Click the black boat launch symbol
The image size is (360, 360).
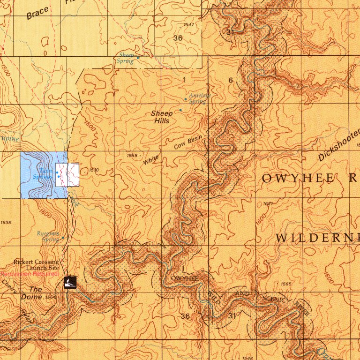pyautogui.click(x=69, y=282)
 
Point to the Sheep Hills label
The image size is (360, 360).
pyautogui.click(x=162, y=117)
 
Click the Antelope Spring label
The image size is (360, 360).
pyautogui.click(x=200, y=98)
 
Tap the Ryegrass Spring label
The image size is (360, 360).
pyautogui.click(x=49, y=236)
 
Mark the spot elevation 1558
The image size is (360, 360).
pyautogui.click(x=132, y=155)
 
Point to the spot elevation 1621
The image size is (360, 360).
pyautogui.click(x=268, y=204)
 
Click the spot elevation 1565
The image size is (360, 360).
pyautogui.click(x=285, y=284)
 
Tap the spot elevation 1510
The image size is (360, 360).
pyautogui.click(x=93, y=170)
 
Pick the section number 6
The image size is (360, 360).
pyautogui.click(x=230, y=80)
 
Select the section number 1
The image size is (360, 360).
pyautogui.click(x=184, y=80)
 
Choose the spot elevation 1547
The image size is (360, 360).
pyautogui.click(x=189, y=24)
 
